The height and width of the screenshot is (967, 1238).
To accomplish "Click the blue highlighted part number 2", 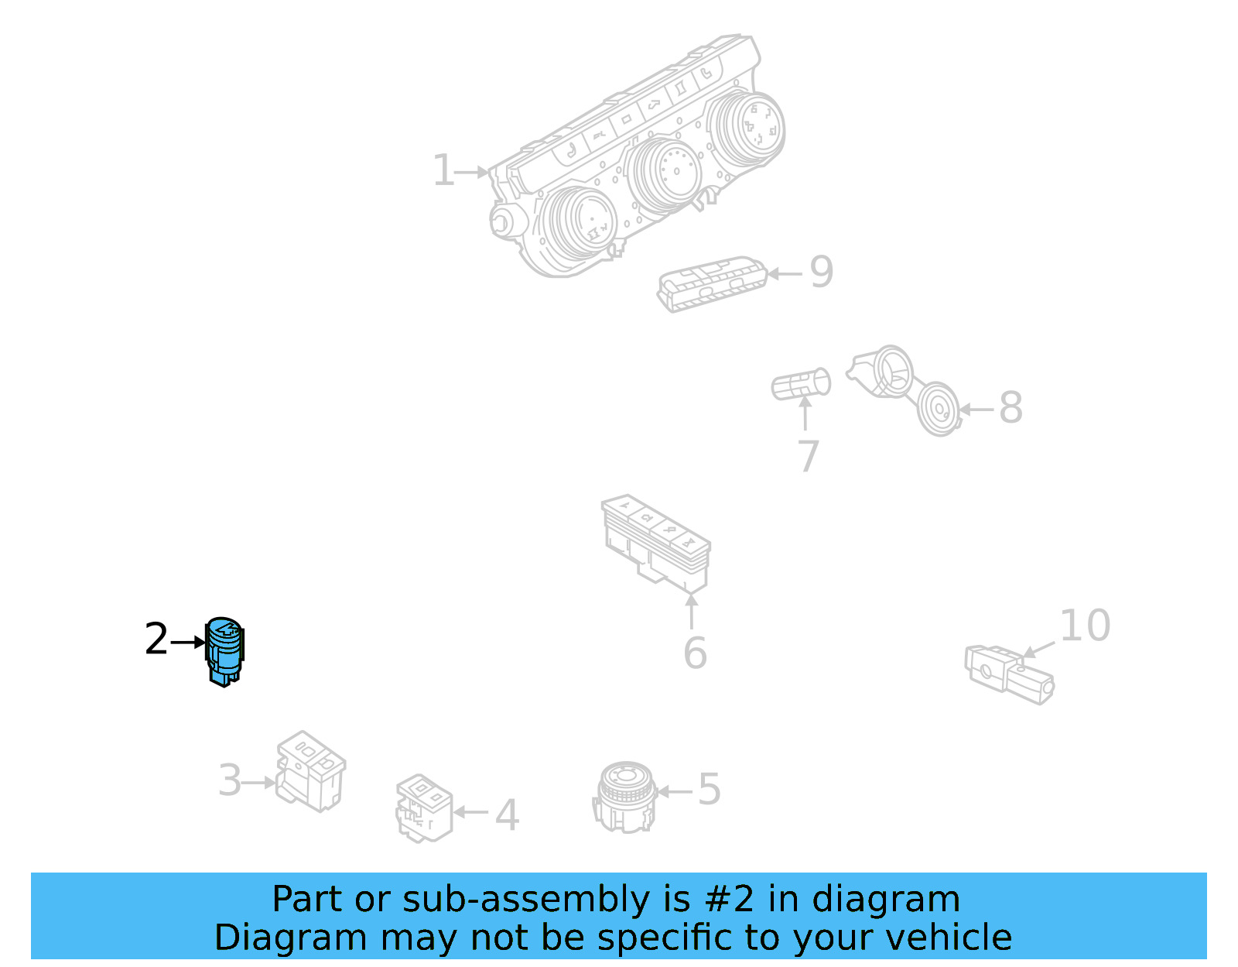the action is point(224,651).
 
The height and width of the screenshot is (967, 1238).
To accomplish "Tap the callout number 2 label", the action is point(156,639).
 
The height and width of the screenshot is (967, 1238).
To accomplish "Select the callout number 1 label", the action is point(443,170).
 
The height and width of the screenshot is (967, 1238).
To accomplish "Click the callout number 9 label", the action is point(822,272).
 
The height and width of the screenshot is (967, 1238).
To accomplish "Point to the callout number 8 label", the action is point(1011,407).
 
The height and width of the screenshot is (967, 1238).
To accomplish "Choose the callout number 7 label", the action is point(809,456).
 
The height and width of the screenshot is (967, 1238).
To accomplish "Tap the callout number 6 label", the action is point(695,653).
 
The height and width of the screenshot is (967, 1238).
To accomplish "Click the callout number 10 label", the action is point(1085,625).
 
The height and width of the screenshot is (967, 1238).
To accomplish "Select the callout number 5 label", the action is point(710,789).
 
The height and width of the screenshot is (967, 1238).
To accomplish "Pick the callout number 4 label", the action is point(507,814).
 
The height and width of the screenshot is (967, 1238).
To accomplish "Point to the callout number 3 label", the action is point(230,780).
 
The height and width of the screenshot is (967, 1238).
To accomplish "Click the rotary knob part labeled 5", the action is point(625,797).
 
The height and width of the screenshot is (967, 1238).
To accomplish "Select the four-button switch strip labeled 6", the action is point(656,543).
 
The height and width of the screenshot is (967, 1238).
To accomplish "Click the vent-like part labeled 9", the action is point(712,284).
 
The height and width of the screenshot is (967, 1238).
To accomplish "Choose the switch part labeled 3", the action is point(310,771).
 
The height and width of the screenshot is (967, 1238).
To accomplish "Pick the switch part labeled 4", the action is point(425,808).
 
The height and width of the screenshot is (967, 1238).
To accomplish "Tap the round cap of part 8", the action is point(939,409).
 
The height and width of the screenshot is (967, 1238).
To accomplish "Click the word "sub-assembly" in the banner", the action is point(526,900).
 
